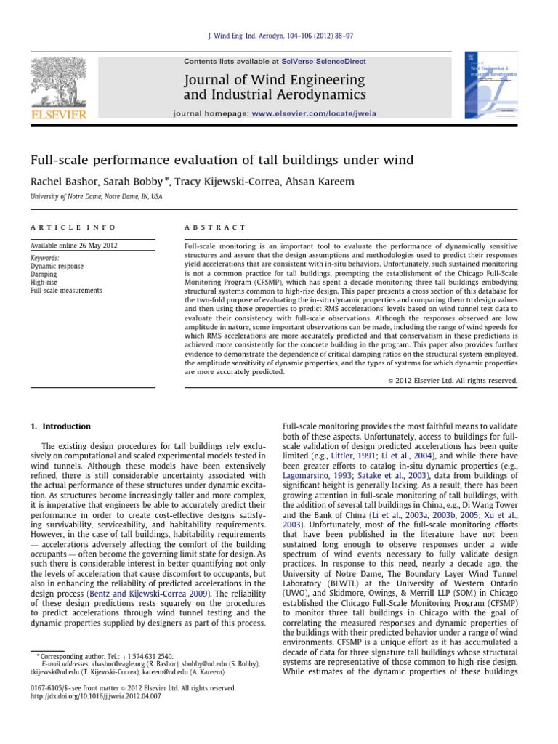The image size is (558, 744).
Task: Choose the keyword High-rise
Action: point(44,283)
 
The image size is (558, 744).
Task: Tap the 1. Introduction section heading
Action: point(60,426)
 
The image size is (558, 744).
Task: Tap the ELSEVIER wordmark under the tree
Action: point(57,114)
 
